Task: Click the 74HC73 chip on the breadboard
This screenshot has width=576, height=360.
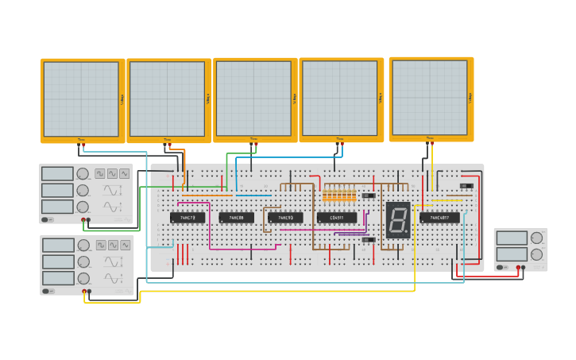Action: click(x=187, y=217)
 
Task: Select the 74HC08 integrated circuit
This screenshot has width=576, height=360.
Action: click(x=237, y=217)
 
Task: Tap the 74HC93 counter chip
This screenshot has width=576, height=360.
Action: click(x=285, y=217)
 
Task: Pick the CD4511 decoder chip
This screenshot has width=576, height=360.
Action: click(x=337, y=217)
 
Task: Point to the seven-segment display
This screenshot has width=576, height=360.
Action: click(x=397, y=219)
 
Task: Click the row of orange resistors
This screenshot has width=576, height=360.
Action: click(x=339, y=195)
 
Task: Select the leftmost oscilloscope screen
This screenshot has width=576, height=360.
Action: click(x=81, y=99)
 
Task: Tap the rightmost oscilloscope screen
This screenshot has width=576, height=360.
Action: click(x=430, y=97)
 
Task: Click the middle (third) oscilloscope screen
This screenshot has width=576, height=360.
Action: click(x=254, y=99)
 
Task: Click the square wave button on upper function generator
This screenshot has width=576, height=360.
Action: click(x=100, y=173)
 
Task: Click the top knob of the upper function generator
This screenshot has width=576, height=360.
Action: click(x=83, y=173)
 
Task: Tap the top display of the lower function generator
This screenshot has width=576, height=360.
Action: click(x=58, y=245)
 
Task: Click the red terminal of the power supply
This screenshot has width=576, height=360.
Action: click(x=518, y=267)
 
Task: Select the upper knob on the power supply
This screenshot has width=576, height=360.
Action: click(x=537, y=238)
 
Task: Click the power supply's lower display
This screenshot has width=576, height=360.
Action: click(x=511, y=254)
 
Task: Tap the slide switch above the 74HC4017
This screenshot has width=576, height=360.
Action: click(x=466, y=186)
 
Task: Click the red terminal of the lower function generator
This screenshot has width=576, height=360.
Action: click(x=83, y=291)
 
